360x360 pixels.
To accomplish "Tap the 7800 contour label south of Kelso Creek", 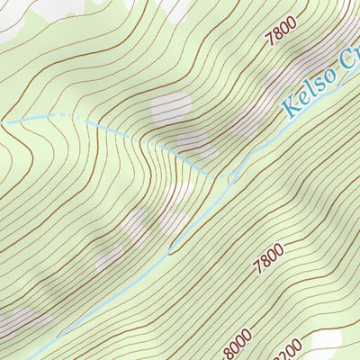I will click(x=268, y=257).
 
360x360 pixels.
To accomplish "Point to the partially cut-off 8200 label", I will click(x=292, y=350).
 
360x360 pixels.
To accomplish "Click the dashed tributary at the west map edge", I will click(x=3, y=121).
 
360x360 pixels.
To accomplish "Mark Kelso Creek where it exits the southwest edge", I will click(x=29, y=357).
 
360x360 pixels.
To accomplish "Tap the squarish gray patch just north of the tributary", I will click(x=170, y=107).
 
